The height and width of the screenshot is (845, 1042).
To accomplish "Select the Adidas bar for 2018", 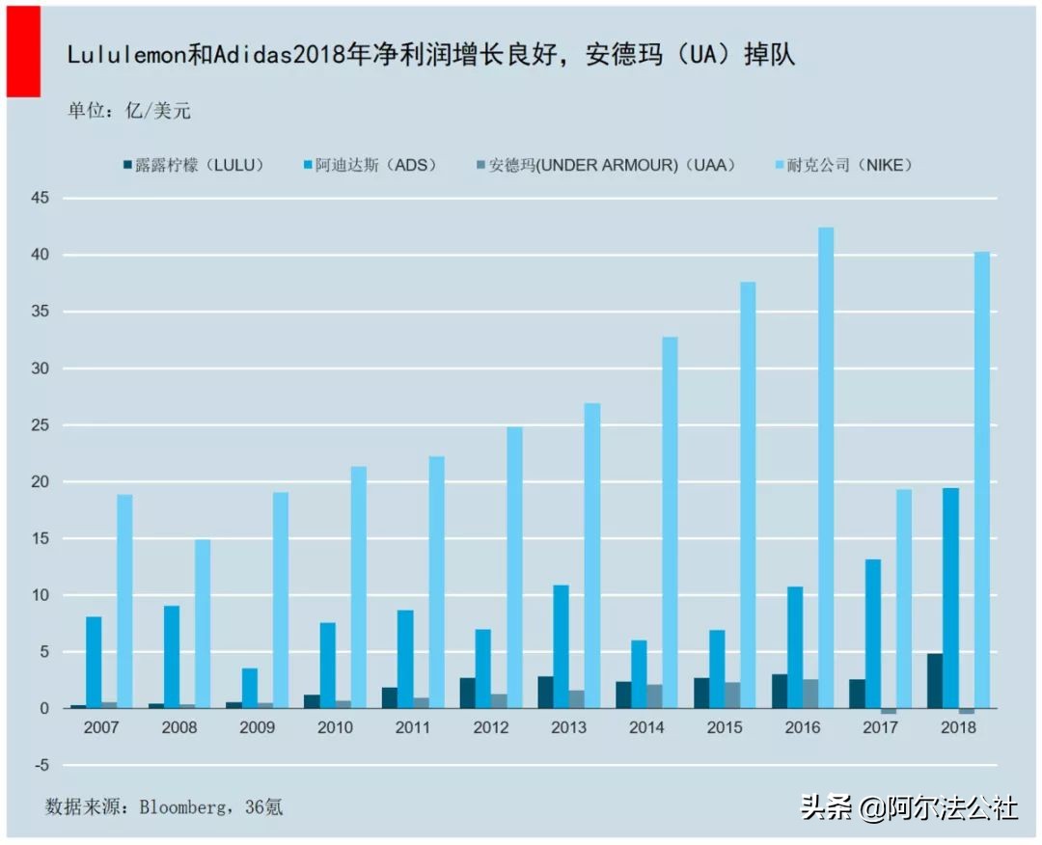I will (x=951, y=598).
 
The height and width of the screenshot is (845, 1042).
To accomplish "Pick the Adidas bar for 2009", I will (x=249, y=688).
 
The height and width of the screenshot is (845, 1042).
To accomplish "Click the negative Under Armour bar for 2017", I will (x=889, y=711).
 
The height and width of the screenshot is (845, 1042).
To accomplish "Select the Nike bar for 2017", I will (x=904, y=598).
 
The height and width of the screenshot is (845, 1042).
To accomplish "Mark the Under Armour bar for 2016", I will (x=810, y=694).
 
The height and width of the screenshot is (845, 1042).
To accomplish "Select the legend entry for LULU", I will (x=193, y=165).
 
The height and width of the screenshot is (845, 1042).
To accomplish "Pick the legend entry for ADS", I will (x=370, y=165).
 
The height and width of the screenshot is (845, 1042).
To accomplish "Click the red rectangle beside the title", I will (x=23, y=50).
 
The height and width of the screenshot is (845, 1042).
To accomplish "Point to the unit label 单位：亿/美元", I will (x=128, y=110).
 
